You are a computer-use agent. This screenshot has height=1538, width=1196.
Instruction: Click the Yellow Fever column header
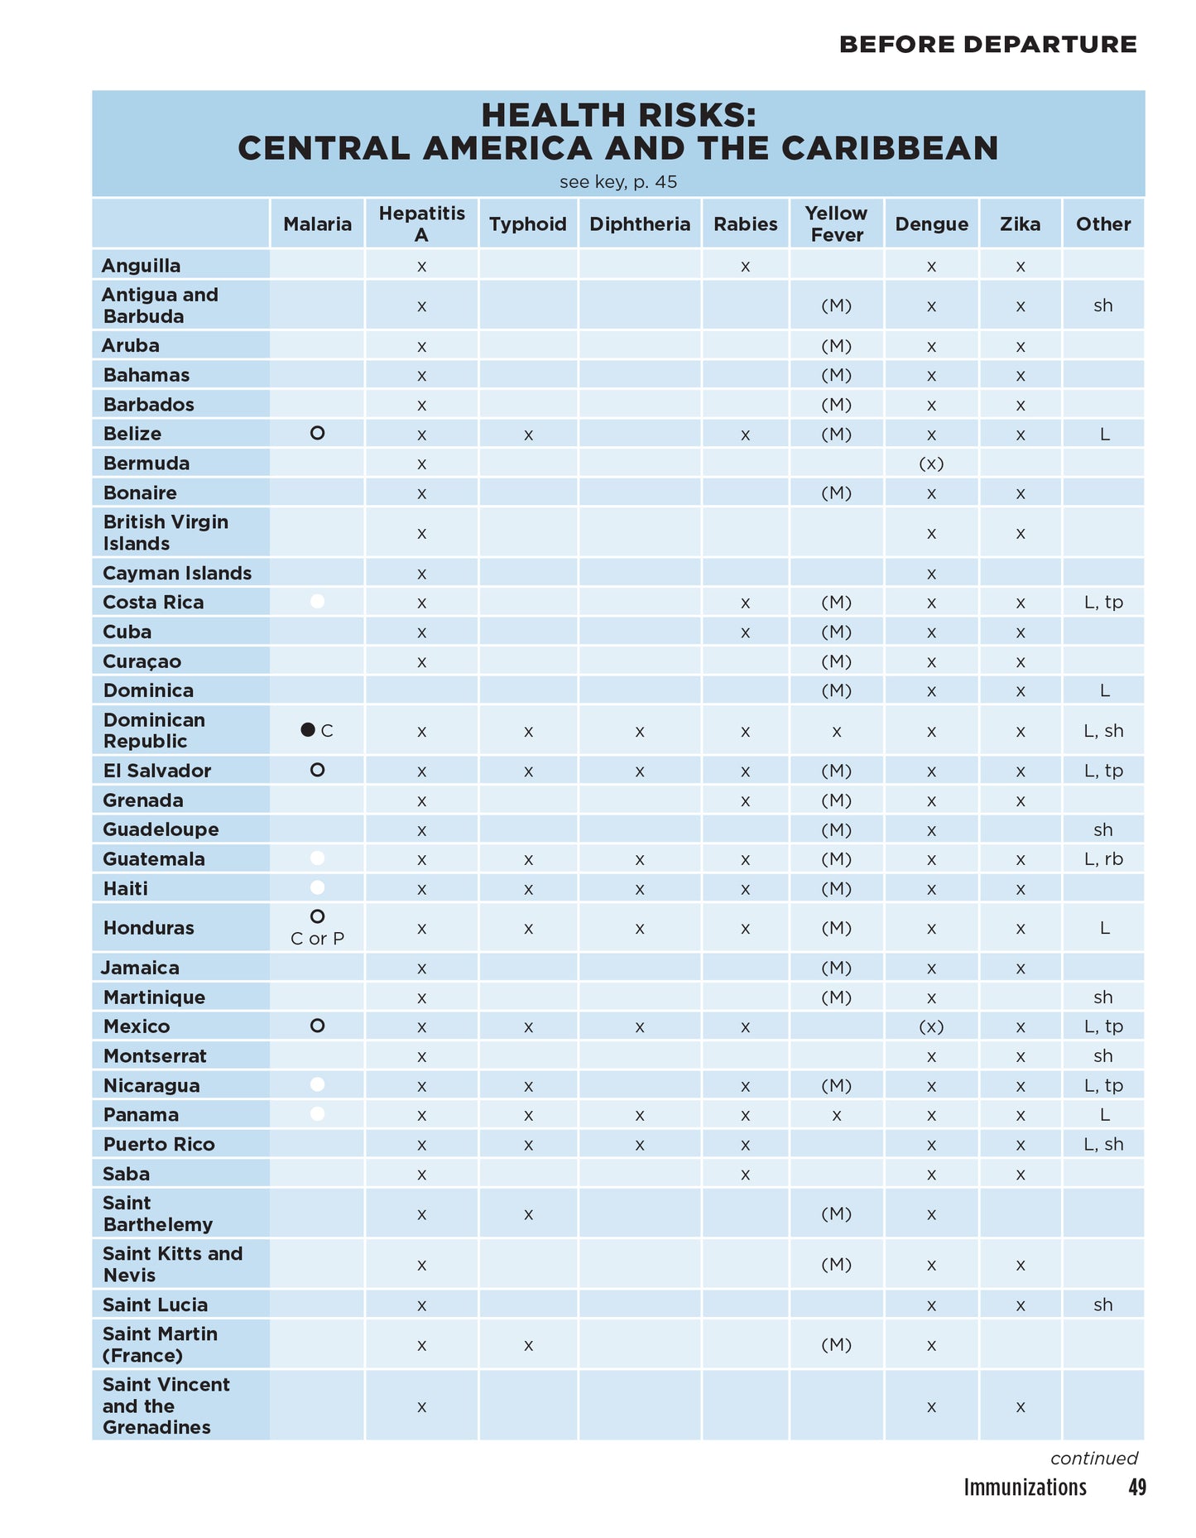(x=836, y=223)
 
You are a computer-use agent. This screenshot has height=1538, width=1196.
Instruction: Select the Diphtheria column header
(x=639, y=223)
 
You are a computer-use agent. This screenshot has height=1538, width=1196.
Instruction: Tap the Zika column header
(x=1020, y=223)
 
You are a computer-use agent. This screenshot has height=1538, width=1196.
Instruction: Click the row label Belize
(x=132, y=434)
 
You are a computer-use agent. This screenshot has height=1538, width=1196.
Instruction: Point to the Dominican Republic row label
(x=154, y=730)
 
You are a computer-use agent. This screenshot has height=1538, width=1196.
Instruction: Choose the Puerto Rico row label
(x=159, y=1144)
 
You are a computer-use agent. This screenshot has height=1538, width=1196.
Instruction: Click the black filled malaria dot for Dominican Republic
(x=308, y=729)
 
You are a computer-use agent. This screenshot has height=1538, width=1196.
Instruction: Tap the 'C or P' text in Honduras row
(x=317, y=939)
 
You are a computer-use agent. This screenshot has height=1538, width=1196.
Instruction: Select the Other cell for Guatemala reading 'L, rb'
(x=1103, y=859)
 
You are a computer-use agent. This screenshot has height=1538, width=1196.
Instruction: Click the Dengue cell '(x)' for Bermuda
(x=931, y=464)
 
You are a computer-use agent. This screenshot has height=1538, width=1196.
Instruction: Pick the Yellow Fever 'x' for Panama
(x=836, y=1115)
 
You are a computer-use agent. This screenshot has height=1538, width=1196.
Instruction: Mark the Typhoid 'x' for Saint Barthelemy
(x=528, y=1214)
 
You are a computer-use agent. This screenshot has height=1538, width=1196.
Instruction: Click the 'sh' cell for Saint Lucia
(x=1103, y=1305)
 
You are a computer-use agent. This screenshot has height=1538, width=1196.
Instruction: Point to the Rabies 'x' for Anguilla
(x=745, y=267)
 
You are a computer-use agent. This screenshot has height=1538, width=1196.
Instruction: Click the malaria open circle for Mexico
(x=317, y=1026)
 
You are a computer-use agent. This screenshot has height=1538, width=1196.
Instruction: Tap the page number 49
(x=1137, y=1488)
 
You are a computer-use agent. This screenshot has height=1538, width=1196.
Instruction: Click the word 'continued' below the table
(x=1093, y=1458)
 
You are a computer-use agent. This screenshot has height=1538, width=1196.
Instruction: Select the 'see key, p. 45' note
(x=617, y=182)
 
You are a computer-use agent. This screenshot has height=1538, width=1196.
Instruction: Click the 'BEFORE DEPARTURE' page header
(x=987, y=44)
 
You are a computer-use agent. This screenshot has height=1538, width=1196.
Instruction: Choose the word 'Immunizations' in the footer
(x=1025, y=1488)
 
